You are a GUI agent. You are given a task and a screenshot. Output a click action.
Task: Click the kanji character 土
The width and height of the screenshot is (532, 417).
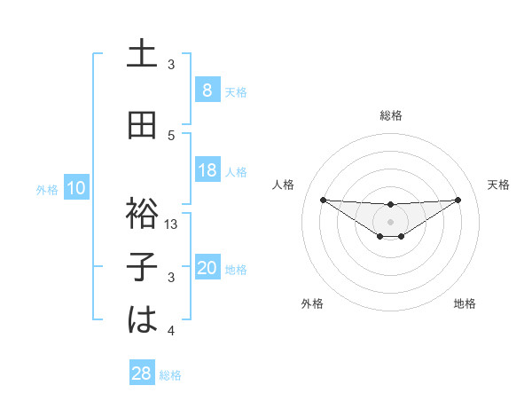tap(143, 54)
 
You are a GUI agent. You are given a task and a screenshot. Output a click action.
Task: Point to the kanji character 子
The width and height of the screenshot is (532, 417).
tap(143, 266)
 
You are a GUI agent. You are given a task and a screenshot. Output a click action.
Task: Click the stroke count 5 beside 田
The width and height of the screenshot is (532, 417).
tap(172, 135)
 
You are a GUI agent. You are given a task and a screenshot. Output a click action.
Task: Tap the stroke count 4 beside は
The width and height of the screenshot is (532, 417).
tap(172, 331)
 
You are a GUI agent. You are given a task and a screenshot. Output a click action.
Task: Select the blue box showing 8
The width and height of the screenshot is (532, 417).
tap(207, 90)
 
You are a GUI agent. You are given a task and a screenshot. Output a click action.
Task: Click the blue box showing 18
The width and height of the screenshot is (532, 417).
tap(207, 169)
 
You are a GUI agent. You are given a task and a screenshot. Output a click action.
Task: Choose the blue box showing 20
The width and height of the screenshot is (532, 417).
tap(207, 268)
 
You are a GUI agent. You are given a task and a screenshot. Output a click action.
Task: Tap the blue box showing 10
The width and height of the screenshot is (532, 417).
tap(76, 188)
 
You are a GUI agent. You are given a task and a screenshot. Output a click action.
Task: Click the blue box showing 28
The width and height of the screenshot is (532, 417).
tap(142, 374)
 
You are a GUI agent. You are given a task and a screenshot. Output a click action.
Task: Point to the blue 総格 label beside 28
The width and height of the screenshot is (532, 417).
tap(170, 375)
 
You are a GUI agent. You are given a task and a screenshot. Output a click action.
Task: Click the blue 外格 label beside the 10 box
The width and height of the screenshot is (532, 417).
tap(47, 189)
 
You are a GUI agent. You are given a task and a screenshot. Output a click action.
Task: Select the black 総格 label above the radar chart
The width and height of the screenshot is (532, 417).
tap(390, 115)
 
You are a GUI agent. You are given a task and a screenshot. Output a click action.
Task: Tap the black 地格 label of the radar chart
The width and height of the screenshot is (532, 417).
tap(465, 303)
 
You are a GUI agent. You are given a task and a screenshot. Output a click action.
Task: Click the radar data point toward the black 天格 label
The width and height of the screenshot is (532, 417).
tap(458, 199)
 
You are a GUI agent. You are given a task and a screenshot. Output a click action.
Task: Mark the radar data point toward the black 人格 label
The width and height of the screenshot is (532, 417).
tap(323, 199)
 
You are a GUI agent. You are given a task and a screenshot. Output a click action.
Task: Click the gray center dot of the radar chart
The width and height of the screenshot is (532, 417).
tap(390, 221)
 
